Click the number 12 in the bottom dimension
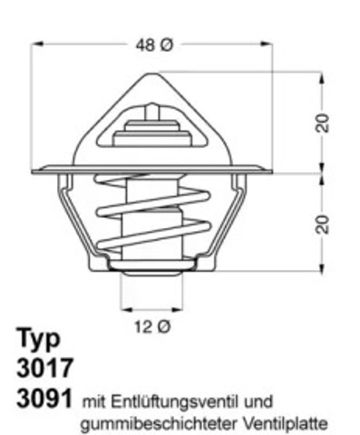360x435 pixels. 140,326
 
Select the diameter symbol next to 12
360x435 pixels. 162,326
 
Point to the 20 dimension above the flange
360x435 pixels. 322,122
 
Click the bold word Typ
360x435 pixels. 39,341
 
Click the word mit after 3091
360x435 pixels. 92,400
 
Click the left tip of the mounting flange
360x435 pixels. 34,169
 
